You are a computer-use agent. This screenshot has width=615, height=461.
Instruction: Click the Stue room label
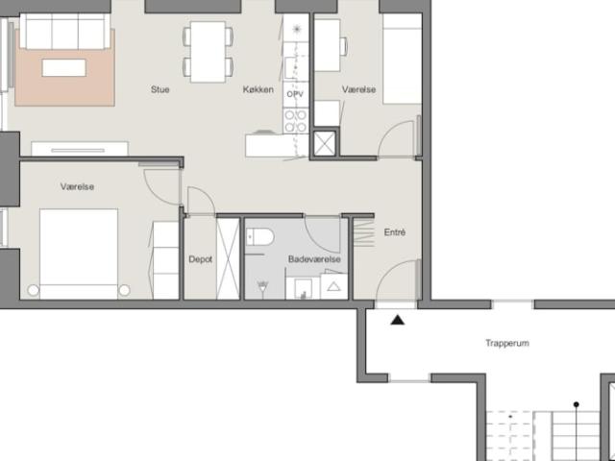coord(160,89)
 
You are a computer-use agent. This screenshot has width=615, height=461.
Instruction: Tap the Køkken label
coord(258,89)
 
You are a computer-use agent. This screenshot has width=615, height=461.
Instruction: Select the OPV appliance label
coord(295,94)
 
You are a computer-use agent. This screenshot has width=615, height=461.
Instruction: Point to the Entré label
coord(395,232)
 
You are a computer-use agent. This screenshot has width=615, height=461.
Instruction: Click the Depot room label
coord(201,259)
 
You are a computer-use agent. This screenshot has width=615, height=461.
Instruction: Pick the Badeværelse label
coord(314,259)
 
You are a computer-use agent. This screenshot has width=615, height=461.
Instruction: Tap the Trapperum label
coord(507,343)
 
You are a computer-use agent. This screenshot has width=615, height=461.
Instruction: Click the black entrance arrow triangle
coord(398,320)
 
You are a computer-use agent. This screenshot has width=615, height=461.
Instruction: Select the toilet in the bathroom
coord(259,237)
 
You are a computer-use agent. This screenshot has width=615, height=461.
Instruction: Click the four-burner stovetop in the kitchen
coord(296,121)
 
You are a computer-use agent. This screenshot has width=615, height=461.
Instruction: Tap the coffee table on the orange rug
coord(64,67)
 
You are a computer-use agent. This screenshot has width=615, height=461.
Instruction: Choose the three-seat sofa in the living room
coord(64,32)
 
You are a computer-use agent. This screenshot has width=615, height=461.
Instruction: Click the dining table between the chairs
coord(208,52)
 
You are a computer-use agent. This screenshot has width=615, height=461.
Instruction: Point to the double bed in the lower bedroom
coord(79,254)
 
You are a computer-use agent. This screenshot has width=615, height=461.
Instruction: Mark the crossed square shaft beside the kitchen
coord(325,143)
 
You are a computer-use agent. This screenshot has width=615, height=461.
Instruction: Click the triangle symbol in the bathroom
coord(333,286)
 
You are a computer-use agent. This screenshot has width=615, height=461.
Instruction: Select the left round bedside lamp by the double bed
coord(34,290)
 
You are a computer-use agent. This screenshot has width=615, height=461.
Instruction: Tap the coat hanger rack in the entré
coord(363,233)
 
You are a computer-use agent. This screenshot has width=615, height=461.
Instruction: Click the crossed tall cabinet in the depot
coord(228,258)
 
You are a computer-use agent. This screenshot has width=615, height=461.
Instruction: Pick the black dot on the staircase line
coord(577,404)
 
